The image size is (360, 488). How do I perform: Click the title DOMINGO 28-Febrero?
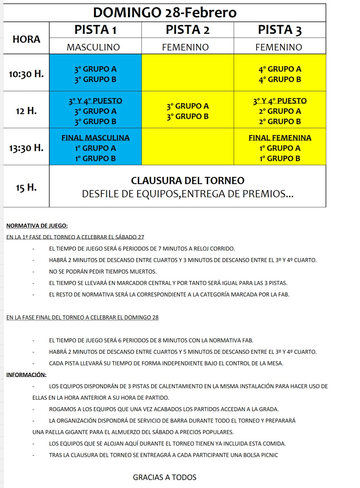pyautogui.click(x=165, y=13)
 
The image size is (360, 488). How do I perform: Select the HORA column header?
pyautogui.click(x=26, y=39)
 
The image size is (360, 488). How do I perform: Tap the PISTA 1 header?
pyautogui.click(x=95, y=30)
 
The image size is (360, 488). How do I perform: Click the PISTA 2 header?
pyautogui.click(x=187, y=30)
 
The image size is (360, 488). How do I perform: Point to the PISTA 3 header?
pyautogui.click(x=280, y=30)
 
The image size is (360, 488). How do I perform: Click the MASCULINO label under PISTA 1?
pyautogui.click(x=93, y=47)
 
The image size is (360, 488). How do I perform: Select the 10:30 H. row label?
pyautogui.click(x=26, y=74)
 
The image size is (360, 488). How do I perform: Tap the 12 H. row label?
pyautogui.click(x=26, y=111)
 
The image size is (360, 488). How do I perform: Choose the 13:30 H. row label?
pyautogui.click(x=26, y=148)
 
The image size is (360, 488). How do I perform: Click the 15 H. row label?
pyautogui.click(x=26, y=187)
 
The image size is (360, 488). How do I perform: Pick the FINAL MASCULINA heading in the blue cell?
pyautogui.click(x=95, y=138)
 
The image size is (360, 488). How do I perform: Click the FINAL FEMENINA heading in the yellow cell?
pyautogui.click(x=280, y=138)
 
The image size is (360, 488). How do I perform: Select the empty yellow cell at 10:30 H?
pyautogui.click(x=187, y=73)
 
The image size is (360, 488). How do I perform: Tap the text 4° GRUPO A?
pyautogui.click(x=280, y=69)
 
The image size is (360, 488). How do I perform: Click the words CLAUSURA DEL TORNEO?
pyautogui.click(x=187, y=181)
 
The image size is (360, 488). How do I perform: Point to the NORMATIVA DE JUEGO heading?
pyautogui.click(x=37, y=226)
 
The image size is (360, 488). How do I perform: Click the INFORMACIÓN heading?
pyautogui.click(x=26, y=375)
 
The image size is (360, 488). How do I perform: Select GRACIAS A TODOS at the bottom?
pyautogui.click(x=165, y=477)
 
